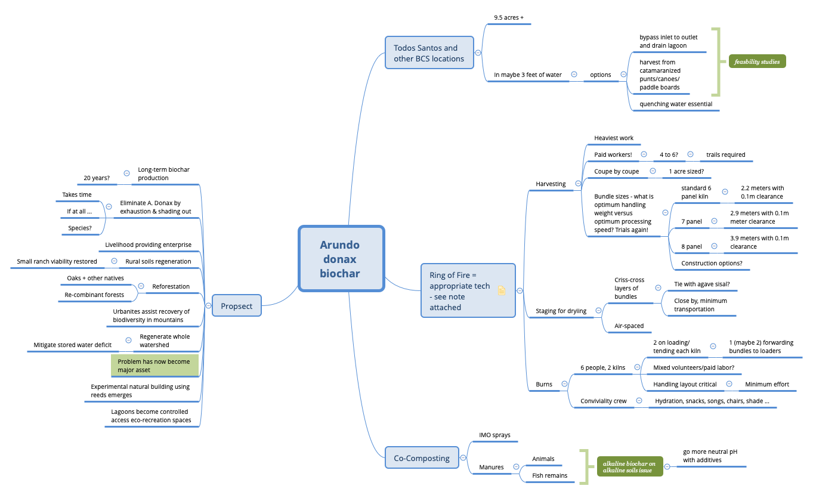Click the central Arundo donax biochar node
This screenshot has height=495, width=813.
pos(341,259)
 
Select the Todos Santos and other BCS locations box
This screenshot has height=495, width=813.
pos(429,54)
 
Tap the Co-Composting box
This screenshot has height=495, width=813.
pos(422,458)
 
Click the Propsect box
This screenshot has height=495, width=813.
pos(237,306)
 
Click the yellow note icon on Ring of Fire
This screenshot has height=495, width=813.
pos(502,290)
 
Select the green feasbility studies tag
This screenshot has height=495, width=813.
pos(757,61)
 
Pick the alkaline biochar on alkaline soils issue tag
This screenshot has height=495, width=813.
pos(629,467)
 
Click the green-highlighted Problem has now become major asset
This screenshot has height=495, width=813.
pos(154,366)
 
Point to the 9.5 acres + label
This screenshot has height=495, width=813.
pos(508,18)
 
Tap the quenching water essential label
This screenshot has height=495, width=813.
pos(675,104)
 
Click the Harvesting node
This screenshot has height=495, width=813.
pos(551,184)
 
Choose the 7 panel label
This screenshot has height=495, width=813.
pos(691,221)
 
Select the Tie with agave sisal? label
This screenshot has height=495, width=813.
pos(701,284)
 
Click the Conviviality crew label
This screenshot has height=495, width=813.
pos(603,401)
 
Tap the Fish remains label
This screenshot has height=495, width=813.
pos(549,475)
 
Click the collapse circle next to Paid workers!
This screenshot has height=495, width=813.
pos(644,154)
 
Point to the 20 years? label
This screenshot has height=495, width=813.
pos(97,178)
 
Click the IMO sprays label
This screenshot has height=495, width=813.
pos(494,435)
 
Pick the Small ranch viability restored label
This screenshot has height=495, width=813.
pos(57,261)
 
